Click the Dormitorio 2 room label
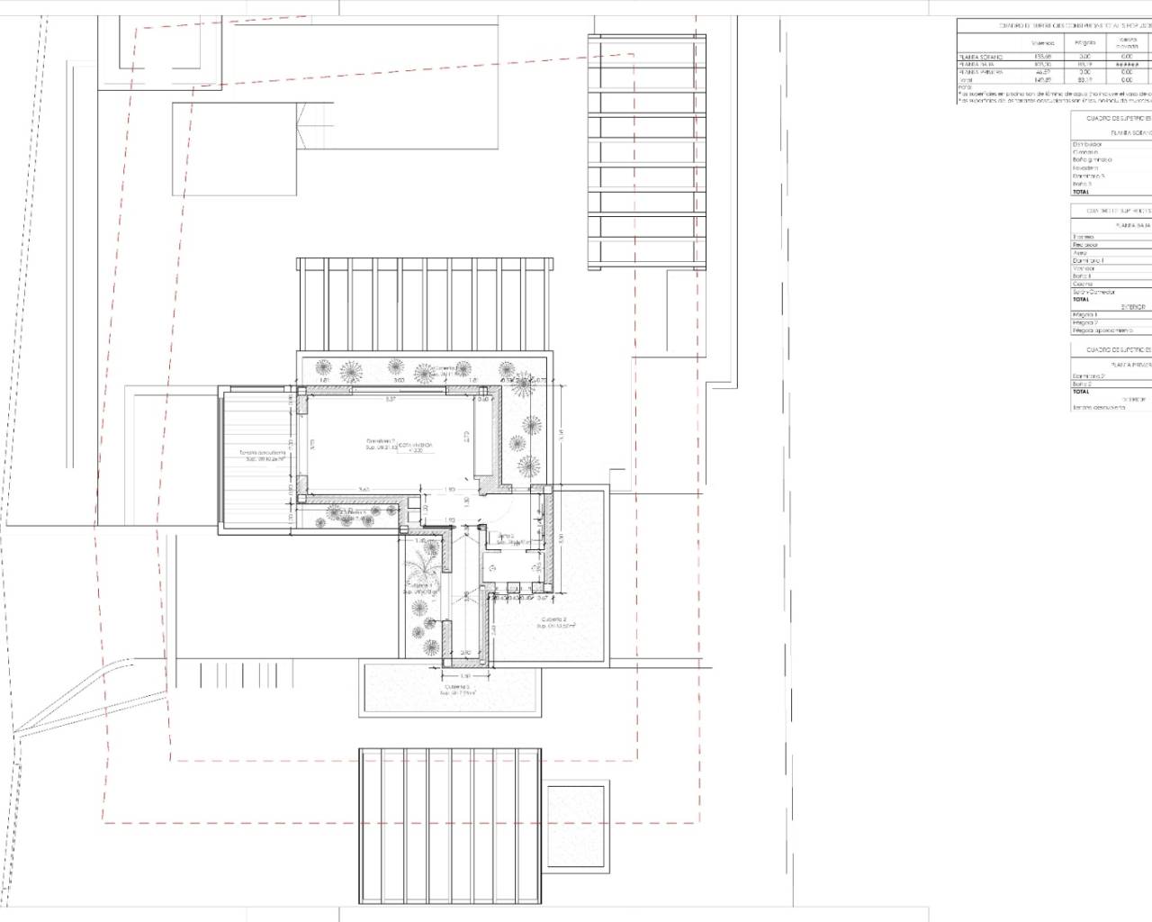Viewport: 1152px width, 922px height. (380, 440)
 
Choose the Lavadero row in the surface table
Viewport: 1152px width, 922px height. (1085, 167)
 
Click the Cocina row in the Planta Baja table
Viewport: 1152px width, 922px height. (1084, 285)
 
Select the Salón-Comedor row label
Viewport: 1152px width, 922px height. (1093, 292)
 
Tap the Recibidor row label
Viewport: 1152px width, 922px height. (1085, 245)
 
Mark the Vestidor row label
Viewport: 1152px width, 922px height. (1084, 268)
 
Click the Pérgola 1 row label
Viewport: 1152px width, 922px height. (1085, 314)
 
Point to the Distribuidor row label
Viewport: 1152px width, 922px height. (1087, 144)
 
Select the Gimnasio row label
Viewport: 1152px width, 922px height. (1085, 152)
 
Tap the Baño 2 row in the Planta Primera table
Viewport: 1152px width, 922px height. (1082, 384)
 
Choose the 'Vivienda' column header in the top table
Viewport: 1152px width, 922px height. (1042, 43)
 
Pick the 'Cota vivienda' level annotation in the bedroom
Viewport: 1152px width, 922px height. (416, 446)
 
